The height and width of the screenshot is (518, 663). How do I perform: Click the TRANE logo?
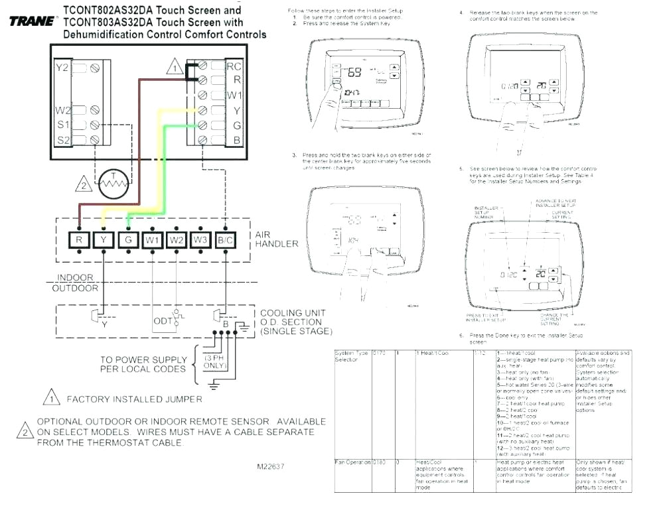[33, 21]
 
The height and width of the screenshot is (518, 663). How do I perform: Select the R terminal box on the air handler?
[79, 240]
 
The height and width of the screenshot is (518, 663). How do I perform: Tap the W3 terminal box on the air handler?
[200, 240]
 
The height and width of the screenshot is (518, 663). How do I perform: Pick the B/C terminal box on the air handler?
[225, 240]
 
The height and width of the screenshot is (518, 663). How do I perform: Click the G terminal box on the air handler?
[127, 240]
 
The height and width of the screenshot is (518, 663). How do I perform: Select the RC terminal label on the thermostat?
[234, 66]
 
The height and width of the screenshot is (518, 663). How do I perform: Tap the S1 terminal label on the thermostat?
[62, 124]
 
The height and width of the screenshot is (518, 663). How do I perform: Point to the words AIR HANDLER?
[277, 239]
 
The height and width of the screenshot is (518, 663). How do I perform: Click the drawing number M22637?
[271, 466]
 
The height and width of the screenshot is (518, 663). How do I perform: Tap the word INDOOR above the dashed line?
[75, 278]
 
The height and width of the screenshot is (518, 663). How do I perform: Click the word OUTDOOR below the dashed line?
[75, 288]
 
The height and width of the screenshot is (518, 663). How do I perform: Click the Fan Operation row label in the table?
[351, 462]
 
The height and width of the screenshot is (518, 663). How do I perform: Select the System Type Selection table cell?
[351, 357]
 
